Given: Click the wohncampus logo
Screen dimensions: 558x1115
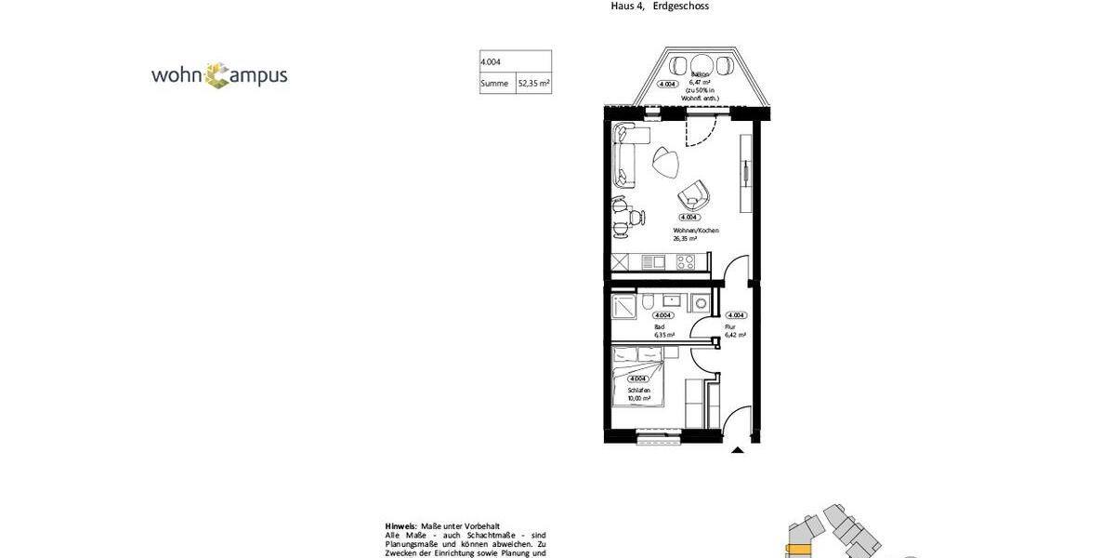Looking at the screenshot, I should pyautogui.click(x=219, y=75).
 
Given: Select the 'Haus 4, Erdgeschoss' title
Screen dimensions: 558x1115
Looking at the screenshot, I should pyautogui.click(x=660, y=6).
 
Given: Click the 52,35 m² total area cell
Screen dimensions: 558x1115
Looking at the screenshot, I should pyautogui.click(x=533, y=84).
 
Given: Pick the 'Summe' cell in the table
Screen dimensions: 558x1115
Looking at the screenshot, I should pyautogui.click(x=493, y=84).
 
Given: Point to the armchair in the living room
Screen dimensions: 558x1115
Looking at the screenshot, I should pyautogui.click(x=693, y=196).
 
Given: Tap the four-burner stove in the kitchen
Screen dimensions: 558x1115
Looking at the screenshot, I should pyautogui.click(x=686, y=263).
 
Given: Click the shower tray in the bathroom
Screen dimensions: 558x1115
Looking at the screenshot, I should pyautogui.click(x=623, y=307).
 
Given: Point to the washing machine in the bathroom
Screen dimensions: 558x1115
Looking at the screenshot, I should pyautogui.click(x=699, y=302).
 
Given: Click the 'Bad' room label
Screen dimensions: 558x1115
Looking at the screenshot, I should pyautogui.click(x=659, y=326).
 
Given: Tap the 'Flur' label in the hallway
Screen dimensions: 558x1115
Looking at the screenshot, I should pyautogui.click(x=729, y=326).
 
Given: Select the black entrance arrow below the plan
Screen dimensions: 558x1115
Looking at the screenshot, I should pyautogui.click(x=738, y=450).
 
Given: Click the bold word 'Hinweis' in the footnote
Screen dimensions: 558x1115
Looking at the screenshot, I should pyautogui.click(x=400, y=525).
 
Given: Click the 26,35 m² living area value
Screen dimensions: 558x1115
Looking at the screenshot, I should pyautogui.click(x=686, y=238).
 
